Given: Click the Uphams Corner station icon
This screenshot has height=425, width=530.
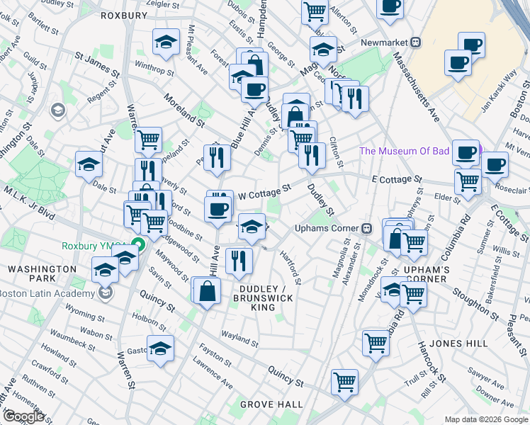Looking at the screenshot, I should pos(367,228).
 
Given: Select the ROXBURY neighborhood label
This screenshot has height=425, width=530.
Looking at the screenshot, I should pos(123,15).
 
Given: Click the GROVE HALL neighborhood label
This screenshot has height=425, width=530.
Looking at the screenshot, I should pos(271,404).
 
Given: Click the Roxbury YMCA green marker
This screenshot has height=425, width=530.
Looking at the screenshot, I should pos(140,246).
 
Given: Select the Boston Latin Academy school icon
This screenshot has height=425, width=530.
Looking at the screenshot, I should pos(106,293).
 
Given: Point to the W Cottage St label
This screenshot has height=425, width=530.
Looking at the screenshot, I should pos(264,192).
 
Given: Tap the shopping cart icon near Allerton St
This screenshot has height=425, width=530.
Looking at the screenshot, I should pos(314,11).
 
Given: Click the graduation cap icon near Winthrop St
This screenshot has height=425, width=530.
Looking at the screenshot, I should pos(166,42).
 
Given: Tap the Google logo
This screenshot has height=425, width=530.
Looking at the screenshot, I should pos(23,416).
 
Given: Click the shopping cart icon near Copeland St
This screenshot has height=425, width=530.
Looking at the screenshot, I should pos(148,140).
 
